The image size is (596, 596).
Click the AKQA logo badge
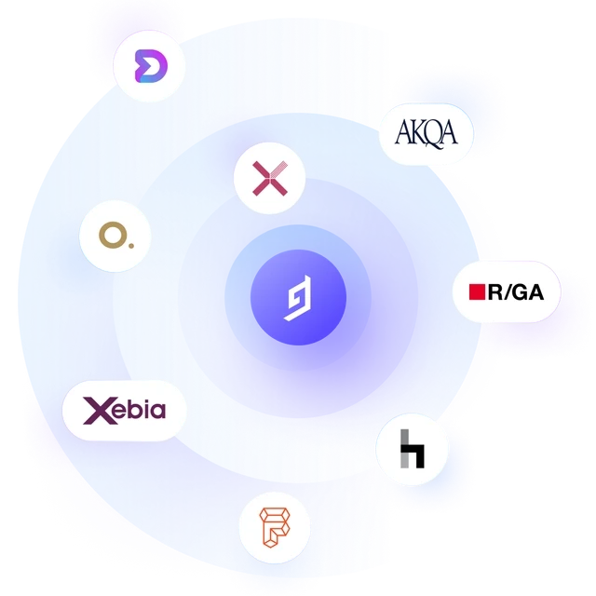click(427, 136)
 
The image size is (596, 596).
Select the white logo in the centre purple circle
click(298, 299)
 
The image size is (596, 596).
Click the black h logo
click(412, 452)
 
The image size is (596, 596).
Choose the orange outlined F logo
click(275, 528)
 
